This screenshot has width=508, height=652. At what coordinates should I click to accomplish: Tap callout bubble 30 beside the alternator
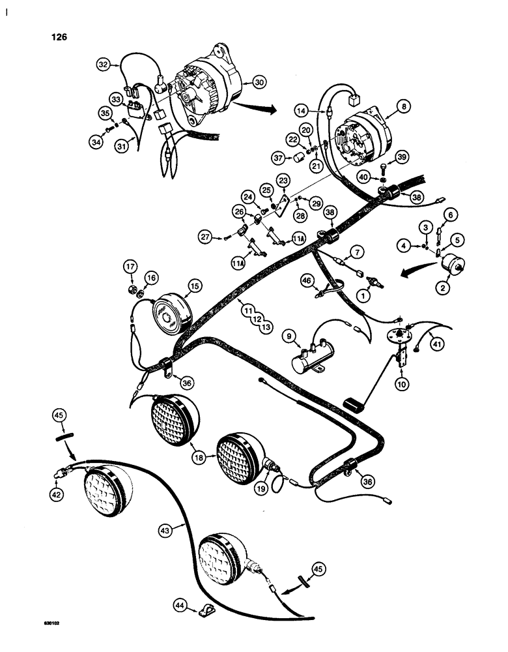[x=259, y=83]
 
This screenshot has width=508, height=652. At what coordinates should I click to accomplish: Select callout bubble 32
[x=104, y=65]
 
